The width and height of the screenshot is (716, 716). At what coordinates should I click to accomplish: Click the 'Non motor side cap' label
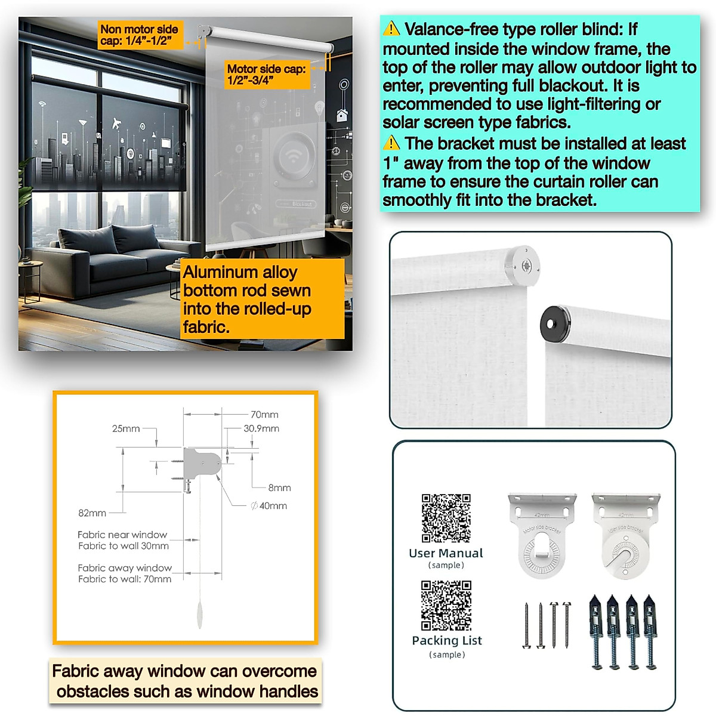click(x=139, y=35)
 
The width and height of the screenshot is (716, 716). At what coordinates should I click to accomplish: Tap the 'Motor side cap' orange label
click(x=266, y=75)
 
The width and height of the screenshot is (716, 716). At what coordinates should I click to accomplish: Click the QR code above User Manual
click(x=446, y=518)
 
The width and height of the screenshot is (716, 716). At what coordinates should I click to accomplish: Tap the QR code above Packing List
click(x=446, y=605)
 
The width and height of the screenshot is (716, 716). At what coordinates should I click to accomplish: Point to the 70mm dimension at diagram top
click(x=264, y=415)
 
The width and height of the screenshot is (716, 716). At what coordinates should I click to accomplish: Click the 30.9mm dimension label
click(x=261, y=428)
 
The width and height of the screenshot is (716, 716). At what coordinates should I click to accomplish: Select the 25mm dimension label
click(x=126, y=428)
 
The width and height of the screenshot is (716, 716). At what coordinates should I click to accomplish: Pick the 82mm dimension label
click(x=92, y=513)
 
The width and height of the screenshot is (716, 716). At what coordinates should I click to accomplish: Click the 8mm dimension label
click(x=279, y=488)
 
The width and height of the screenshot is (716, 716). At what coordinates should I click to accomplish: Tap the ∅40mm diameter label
click(x=269, y=506)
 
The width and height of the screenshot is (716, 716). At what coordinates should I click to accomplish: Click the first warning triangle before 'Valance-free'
click(x=391, y=29)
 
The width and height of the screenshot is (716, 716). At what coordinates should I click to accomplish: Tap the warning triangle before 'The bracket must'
click(x=391, y=143)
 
